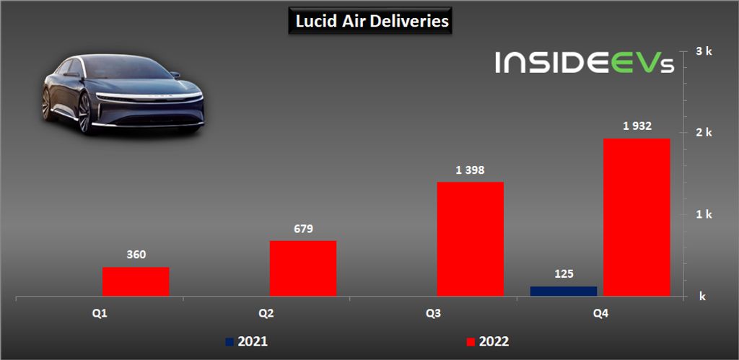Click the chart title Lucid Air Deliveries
372,22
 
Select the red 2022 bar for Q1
136,281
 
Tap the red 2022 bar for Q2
303,268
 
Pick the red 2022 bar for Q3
470,239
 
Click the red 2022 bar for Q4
637,217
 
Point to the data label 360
136,255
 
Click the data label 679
303,229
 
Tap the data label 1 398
470,170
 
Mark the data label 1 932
637,126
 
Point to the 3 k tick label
704,51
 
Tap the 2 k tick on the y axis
704,133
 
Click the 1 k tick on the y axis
704,214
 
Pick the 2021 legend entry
247,341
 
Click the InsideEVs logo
585,62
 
